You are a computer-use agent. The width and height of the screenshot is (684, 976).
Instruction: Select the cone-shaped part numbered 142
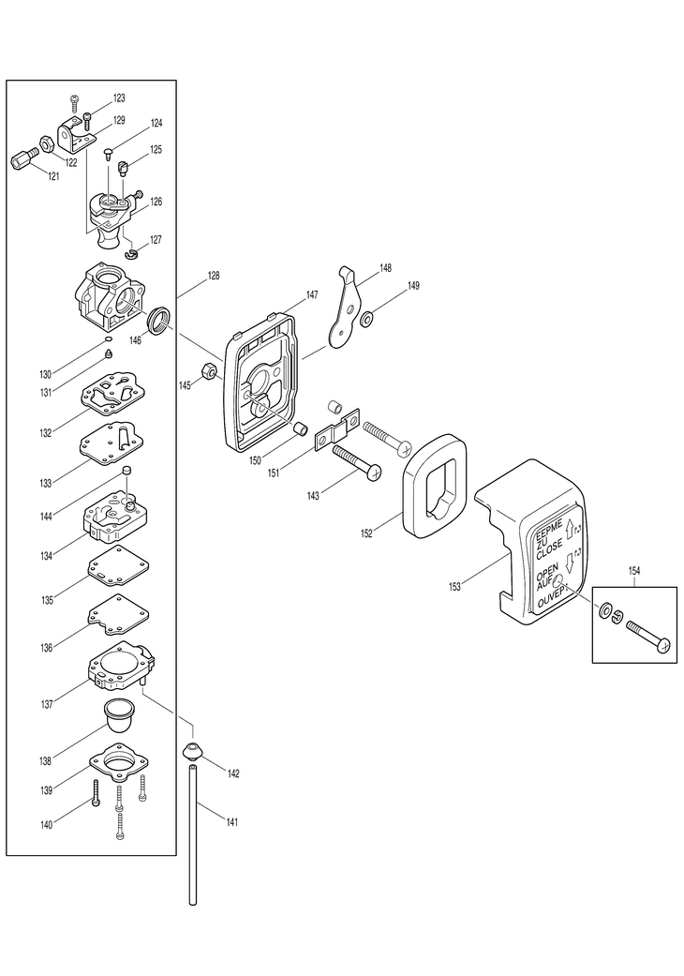pyautogui.click(x=193, y=751)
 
